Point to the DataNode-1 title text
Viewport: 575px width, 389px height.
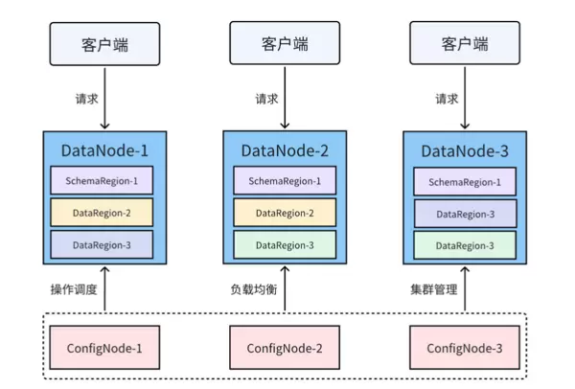(x=104, y=149)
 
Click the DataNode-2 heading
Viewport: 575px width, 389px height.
(x=285, y=149)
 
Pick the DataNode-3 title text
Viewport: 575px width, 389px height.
(x=465, y=149)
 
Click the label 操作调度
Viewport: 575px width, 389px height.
(x=74, y=288)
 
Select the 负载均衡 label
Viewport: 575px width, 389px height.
(x=254, y=288)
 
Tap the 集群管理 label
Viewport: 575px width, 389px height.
(x=434, y=288)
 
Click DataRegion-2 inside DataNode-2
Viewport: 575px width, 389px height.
(x=285, y=213)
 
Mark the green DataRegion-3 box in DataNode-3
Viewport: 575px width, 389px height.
(x=465, y=245)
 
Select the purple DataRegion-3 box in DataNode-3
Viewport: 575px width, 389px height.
(x=465, y=214)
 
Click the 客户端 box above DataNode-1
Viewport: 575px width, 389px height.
(x=104, y=44)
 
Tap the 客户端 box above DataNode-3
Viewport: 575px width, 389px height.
(x=465, y=44)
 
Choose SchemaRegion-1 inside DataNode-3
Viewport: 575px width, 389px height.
(x=465, y=181)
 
